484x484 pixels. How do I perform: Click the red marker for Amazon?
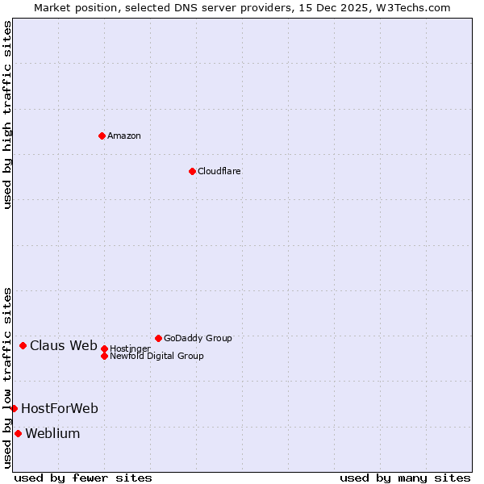(102, 136)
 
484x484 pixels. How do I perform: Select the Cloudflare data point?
(192, 171)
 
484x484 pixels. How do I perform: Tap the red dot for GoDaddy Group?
(158, 338)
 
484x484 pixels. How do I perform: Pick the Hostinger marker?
(104, 348)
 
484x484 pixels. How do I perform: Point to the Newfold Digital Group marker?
(104, 356)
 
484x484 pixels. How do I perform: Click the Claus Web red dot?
(23, 345)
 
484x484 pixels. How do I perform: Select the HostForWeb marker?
(14, 408)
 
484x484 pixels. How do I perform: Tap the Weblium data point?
(18, 433)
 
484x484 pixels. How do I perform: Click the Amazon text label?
(124, 136)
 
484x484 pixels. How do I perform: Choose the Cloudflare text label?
(219, 171)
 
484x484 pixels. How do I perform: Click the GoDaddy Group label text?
(198, 338)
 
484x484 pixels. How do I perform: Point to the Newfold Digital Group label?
(156, 356)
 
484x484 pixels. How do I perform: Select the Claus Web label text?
(64, 346)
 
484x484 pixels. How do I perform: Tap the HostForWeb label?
(60, 409)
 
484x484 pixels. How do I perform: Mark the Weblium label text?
(52, 434)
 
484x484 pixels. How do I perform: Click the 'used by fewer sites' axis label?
(83, 478)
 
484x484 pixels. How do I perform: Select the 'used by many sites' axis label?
(405, 478)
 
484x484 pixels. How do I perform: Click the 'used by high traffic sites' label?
(7, 115)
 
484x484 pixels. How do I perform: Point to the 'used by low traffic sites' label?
(7, 377)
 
